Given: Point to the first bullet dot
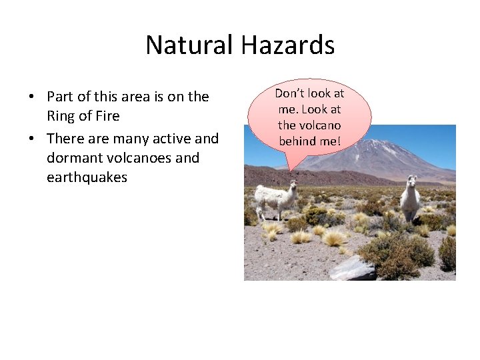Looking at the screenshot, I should coord(31,97).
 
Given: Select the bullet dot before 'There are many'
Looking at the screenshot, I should coord(31,139).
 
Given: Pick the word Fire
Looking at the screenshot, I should coord(107,117).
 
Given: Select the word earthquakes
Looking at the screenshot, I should coord(87,177).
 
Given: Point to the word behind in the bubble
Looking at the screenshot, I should coord(297,141).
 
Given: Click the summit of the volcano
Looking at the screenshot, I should coord(373,142).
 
